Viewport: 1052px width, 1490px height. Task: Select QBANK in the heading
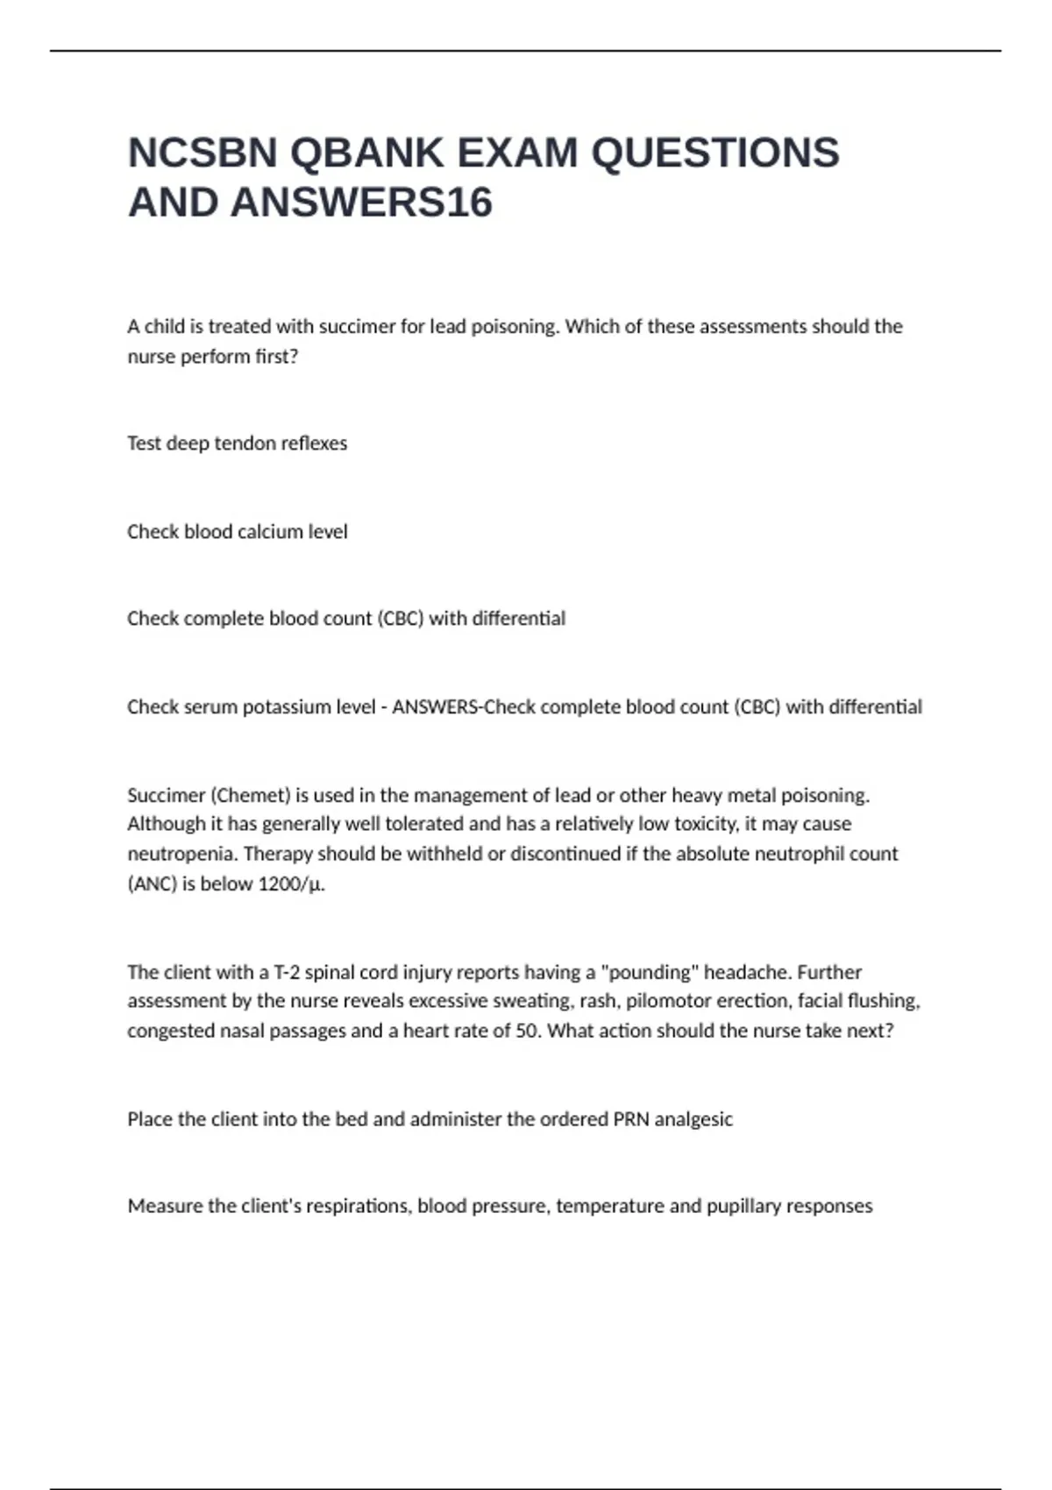point(366,153)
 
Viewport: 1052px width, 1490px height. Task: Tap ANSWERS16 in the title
point(361,203)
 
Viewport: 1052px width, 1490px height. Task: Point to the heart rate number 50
point(528,1032)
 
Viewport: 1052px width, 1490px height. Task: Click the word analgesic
point(693,1119)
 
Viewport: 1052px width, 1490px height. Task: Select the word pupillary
point(737,1207)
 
